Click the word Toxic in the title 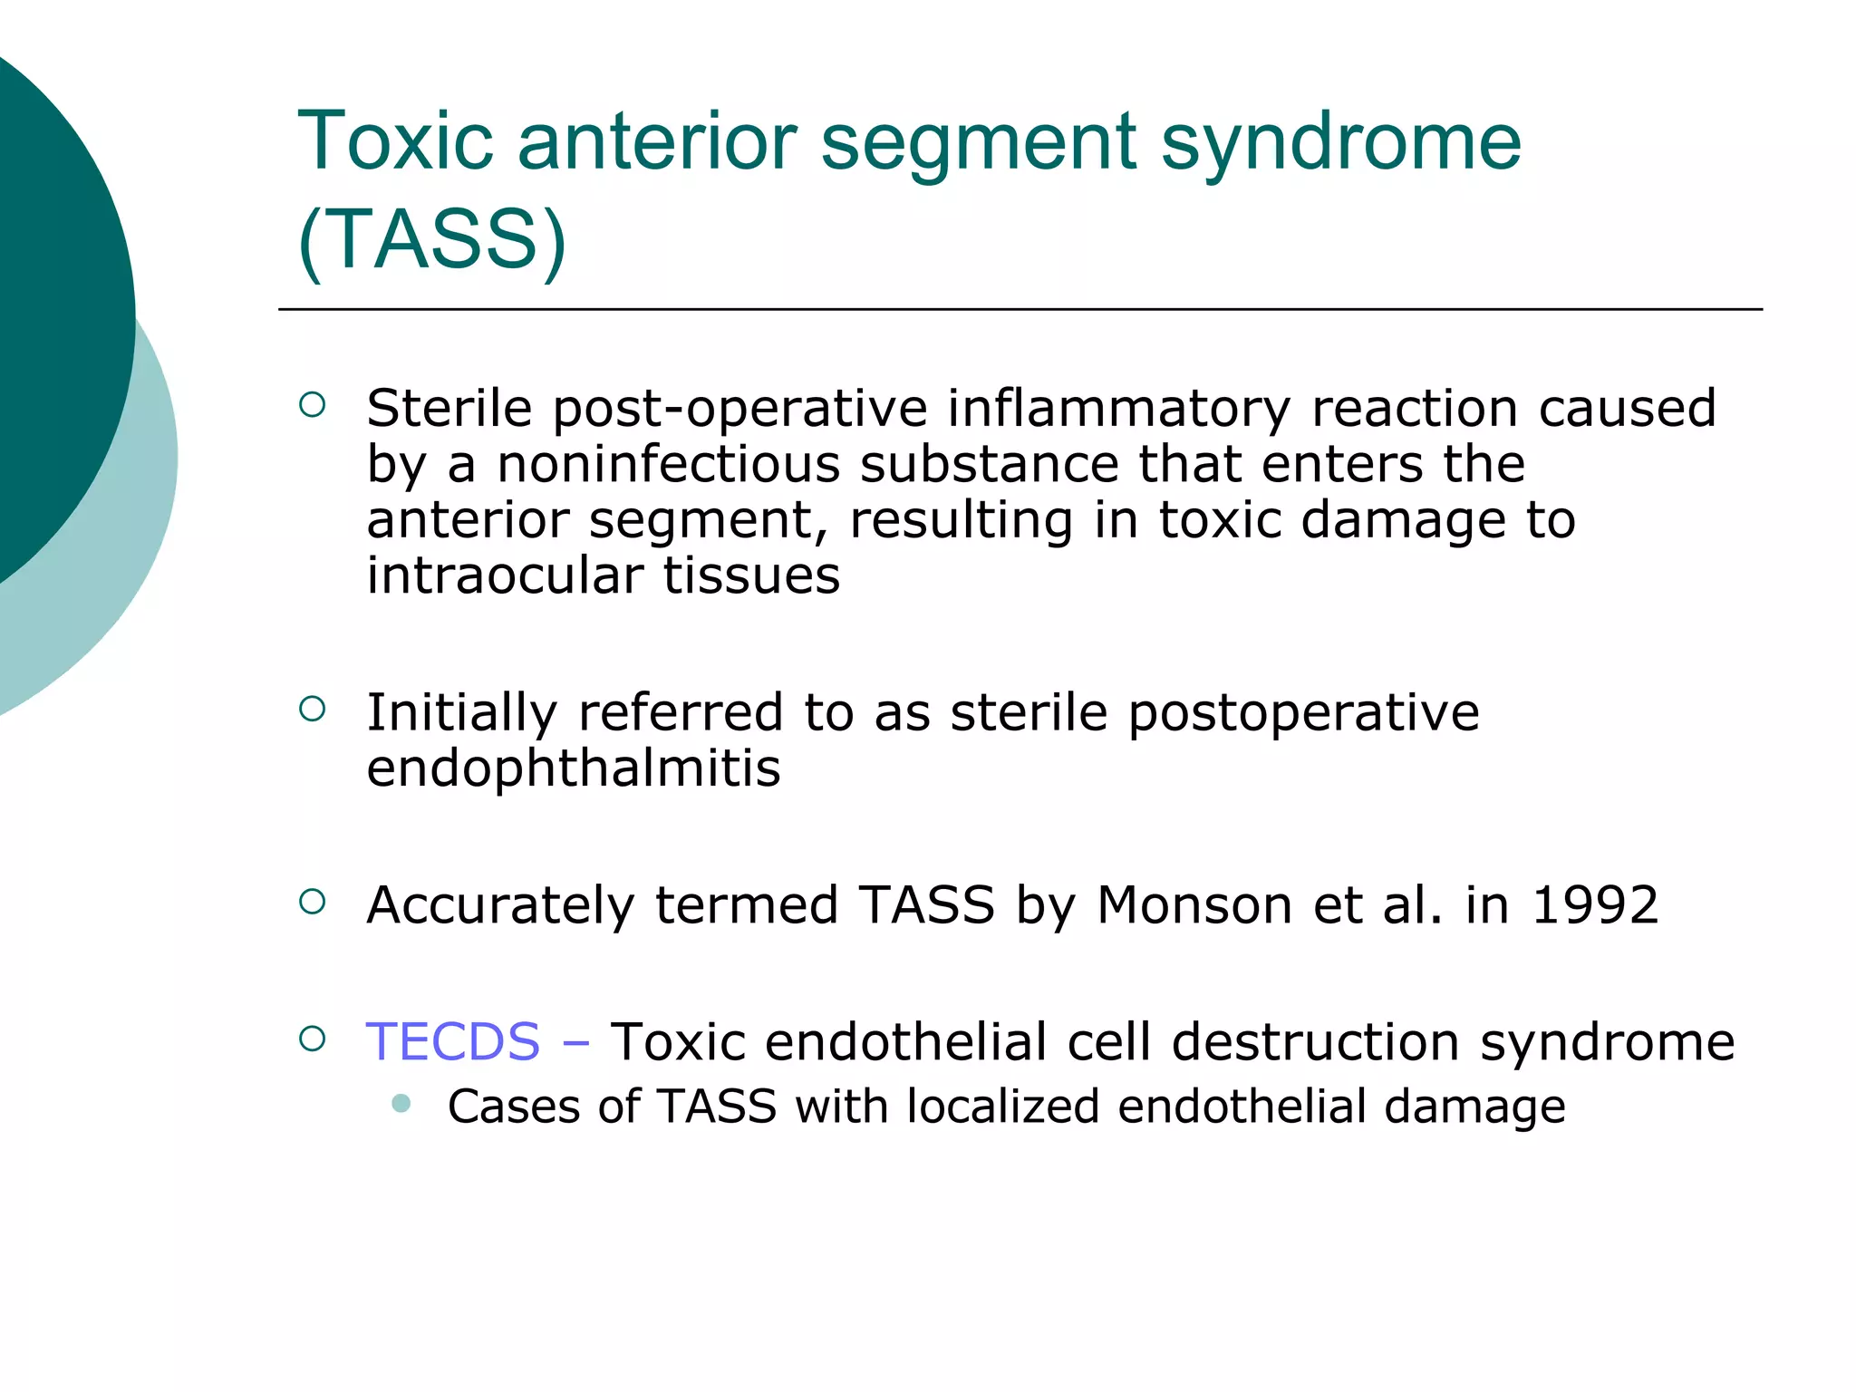395,141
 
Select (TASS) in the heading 431,239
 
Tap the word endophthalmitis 573,768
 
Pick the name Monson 1194,904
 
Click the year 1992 1594,904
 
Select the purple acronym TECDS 452,1041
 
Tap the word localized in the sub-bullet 1001,1107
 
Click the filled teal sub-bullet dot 401,1103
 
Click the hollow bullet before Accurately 312,901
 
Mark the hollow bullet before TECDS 312,1038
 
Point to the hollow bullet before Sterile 312,404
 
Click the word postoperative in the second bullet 1303,713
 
